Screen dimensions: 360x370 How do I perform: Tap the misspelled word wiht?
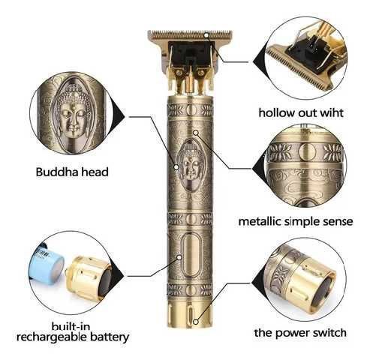tap(329, 113)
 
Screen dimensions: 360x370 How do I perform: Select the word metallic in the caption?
tap(261, 222)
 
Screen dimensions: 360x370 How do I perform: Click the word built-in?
tap(72, 324)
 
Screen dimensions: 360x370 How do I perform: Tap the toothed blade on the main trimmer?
tap(180, 34)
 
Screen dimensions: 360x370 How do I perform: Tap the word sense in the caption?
tap(332, 222)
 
